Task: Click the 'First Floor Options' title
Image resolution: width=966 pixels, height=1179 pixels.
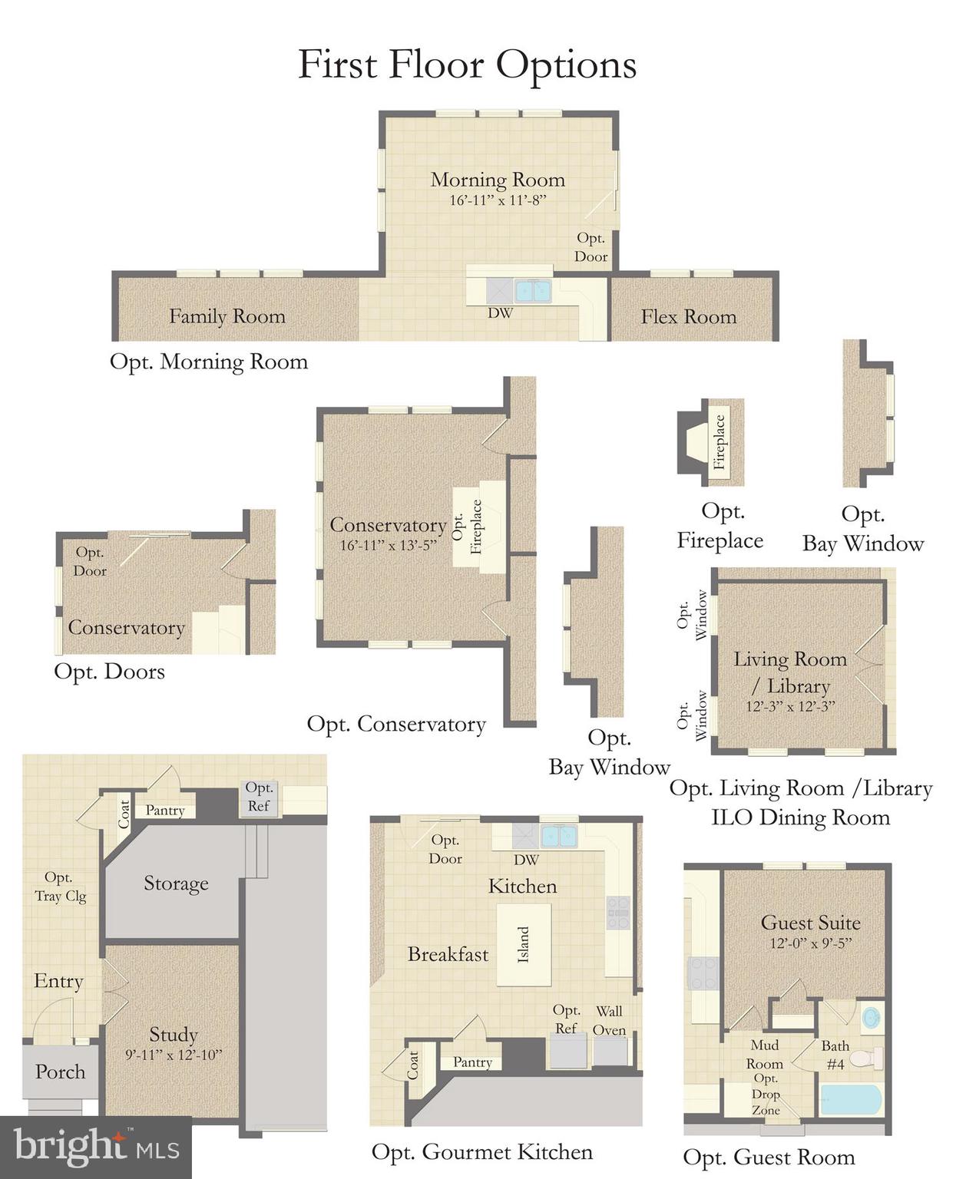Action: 467,64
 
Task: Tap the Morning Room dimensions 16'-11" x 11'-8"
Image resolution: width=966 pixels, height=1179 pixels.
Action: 498,201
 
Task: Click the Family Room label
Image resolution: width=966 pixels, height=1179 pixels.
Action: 227,316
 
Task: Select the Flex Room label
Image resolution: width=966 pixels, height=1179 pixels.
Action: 688,316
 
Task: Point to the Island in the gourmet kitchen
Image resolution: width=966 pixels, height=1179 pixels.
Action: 523,944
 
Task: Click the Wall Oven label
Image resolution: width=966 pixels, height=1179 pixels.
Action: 610,1021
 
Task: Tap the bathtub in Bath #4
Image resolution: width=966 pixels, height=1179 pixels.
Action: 851,1099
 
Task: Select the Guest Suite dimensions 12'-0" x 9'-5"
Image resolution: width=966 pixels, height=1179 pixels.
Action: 810,943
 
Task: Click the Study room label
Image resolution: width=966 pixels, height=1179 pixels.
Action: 174,1035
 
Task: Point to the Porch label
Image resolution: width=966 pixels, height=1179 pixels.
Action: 60,1072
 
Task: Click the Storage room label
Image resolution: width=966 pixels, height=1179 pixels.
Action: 176,883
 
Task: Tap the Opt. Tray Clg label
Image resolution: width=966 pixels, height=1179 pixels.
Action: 60,887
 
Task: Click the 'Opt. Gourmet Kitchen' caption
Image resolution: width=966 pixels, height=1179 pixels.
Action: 481,1152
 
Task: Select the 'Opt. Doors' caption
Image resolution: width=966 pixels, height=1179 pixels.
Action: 109,672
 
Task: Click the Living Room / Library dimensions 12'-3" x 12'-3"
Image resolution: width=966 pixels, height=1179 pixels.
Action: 789,706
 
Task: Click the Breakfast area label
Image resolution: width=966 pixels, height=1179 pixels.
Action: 448,954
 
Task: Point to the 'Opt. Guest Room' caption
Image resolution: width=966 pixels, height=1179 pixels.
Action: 769,1158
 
